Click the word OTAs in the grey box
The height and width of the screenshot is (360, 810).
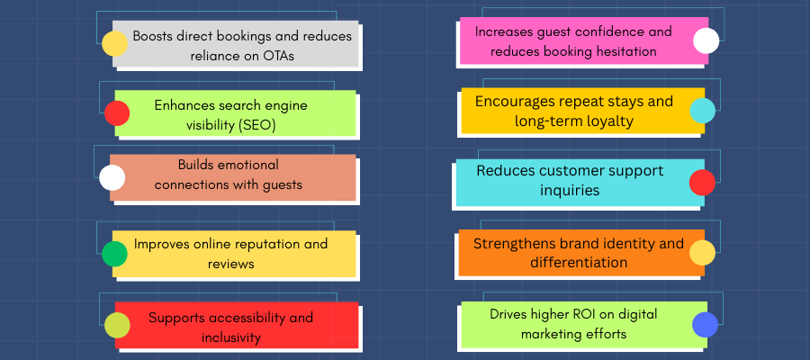click(x=276, y=56)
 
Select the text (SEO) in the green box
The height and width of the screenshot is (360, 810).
click(x=257, y=125)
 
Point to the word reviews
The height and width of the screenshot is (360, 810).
click(x=231, y=264)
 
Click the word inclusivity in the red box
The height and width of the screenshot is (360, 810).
click(x=231, y=337)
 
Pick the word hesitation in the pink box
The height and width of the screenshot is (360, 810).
click(x=625, y=51)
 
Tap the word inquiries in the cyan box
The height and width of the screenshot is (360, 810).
click(x=570, y=190)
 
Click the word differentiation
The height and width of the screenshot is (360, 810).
click(x=579, y=262)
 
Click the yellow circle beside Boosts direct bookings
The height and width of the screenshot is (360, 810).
click(x=114, y=43)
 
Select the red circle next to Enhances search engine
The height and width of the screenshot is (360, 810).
click(x=117, y=113)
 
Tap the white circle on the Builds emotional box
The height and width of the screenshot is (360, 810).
click(x=112, y=177)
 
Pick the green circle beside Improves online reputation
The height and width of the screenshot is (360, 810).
click(x=114, y=254)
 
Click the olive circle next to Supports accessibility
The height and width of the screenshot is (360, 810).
click(x=117, y=325)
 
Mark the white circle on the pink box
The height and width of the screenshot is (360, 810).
click(x=706, y=40)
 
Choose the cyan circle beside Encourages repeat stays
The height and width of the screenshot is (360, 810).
click(x=703, y=111)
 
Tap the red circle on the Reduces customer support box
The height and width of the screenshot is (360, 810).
click(x=703, y=183)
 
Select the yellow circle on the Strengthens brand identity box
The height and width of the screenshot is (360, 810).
click(x=703, y=253)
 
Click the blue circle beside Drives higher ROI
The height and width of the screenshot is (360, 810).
click(x=705, y=324)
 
